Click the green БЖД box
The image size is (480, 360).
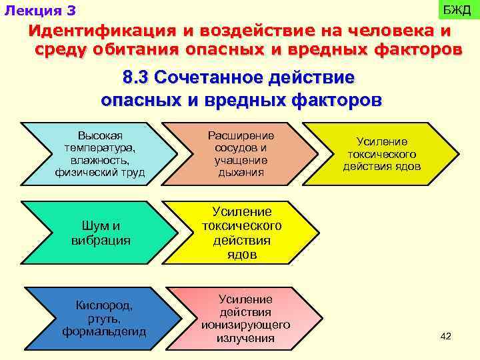[x=457, y=11]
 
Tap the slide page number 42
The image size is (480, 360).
[x=446, y=336]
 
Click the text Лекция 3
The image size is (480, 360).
[x=40, y=11]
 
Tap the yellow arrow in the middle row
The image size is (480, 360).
[x=241, y=233]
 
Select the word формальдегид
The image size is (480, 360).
[x=104, y=331]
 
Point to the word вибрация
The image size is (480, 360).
[x=101, y=240]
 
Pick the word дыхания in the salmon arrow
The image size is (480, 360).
[x=241, y=173]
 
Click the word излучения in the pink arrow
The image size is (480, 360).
[x=245, y=338]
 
